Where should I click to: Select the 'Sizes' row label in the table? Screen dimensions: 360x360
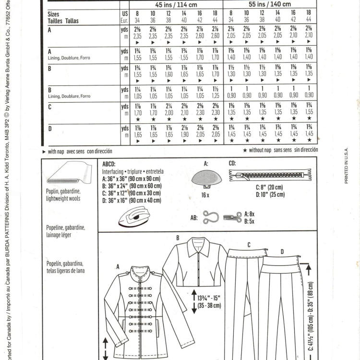(x=54, y=15)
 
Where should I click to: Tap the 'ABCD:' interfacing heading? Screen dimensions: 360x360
(x=109, y=163)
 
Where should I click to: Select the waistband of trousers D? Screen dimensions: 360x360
(x=281, y=262)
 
